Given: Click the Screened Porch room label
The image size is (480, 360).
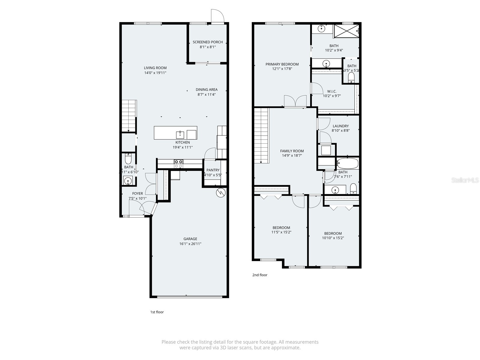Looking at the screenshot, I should pos(208,42).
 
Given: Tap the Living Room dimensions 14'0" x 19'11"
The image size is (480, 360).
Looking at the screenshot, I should pos(155,73).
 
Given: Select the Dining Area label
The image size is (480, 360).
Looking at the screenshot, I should pos(206,89).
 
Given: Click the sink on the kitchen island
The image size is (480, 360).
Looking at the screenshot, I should pos(180,134).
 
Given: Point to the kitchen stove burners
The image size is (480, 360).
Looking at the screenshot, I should pos(178,164).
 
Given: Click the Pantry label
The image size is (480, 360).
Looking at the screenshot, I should pos(213,170).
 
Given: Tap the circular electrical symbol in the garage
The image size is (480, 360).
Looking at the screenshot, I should pos(220,193).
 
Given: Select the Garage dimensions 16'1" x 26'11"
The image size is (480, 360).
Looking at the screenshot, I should pos(190,244).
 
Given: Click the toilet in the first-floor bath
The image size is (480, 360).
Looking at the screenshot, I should pos(128,158).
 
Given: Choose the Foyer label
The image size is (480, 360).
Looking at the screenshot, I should pos(137,193).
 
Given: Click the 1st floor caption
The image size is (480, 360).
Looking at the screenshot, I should pos(157,312).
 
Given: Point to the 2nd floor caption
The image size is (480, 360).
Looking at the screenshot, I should pos(259,275).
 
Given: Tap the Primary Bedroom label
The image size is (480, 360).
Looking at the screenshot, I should pos(282,64).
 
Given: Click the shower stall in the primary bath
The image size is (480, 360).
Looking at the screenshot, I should pos(346,31).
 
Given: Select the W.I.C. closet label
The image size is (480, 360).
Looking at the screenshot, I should pos(332,91).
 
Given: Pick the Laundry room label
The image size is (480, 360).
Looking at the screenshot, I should pos(340,126).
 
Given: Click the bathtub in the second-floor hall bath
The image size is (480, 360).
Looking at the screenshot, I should pos(347,164).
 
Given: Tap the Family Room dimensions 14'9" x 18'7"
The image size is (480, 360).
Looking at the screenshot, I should pos(292,156).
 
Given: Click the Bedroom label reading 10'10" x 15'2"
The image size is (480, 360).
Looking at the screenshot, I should pos(333,233).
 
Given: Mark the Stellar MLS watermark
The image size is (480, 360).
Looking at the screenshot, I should pos(465,180).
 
